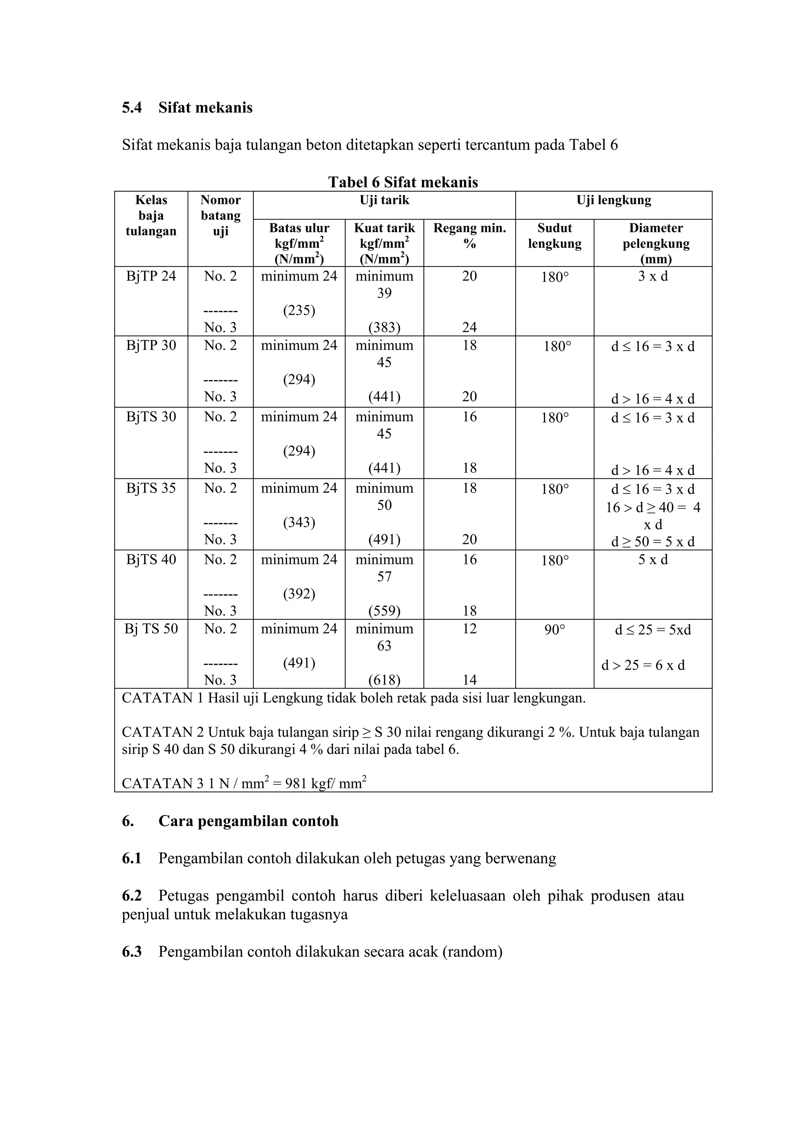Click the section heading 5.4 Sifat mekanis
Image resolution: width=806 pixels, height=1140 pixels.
(x=187, y=108)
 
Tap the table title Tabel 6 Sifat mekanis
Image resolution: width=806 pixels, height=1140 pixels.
(x=403, y=182)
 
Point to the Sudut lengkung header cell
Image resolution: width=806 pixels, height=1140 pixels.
(x=554, y=236)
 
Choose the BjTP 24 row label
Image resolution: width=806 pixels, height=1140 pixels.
(x=151, y=276)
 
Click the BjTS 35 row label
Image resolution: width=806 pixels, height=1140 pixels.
(x=151, y=488)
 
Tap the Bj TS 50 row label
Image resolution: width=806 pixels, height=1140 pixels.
(x=151, y=628)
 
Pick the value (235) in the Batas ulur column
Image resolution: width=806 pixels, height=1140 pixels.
(x=299, y=310)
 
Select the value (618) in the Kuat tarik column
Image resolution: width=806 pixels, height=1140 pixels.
(x=385, y=680)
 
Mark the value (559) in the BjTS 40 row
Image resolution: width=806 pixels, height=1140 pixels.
(x=385, y=611)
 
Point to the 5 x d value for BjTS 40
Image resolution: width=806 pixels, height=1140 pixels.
(x=653, y=560)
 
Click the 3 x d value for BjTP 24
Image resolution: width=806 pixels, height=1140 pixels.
(x=653, y=276)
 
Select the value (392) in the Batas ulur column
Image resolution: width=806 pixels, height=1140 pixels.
(x=299, y=594)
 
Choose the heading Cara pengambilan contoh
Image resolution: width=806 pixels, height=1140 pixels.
(x=248, y=821)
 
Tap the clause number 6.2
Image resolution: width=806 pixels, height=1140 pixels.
(x=131, y=895)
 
